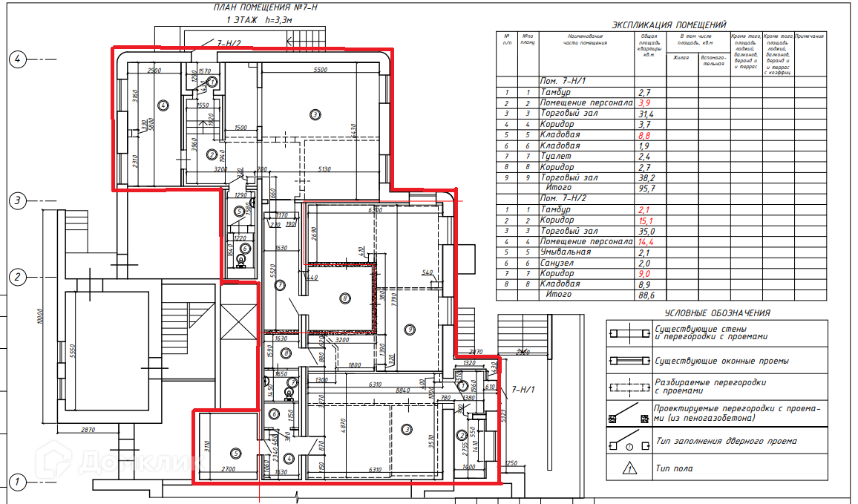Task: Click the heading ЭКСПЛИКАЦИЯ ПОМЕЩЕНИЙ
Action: (x=664, y=24)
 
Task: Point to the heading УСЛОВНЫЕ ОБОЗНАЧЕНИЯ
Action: (x=717, y=313)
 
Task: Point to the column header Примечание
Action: (x=810, y=36)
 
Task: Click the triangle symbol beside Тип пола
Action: (x=629, y=468)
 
